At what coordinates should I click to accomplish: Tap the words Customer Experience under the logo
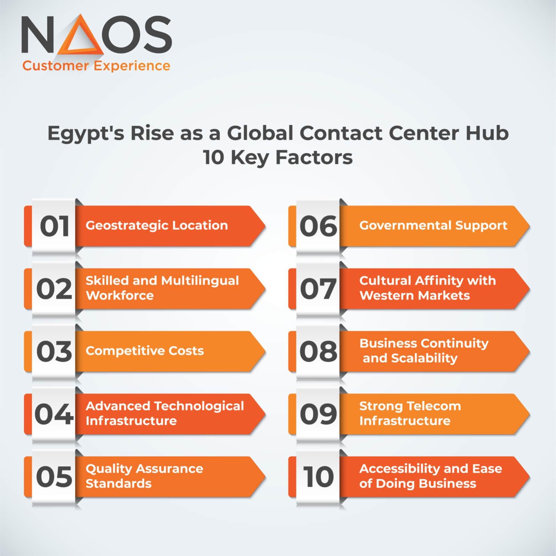coord(96,66)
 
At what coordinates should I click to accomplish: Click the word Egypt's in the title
coord(85,133)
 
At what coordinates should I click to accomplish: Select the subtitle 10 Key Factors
coord(278,157)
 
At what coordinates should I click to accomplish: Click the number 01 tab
coord(54,226)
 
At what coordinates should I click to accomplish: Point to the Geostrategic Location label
coord(157,226)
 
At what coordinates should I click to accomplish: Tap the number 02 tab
coord(54,289)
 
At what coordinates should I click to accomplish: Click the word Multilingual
coord(200,281)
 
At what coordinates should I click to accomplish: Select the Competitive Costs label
coord(145,351)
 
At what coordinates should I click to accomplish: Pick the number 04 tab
coord(54,414)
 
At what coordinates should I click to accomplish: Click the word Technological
coord(199,406)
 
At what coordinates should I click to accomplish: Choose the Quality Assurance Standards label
coord(144,476)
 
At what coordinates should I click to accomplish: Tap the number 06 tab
coord(318,226)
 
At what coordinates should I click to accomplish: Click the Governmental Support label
coord(433,226)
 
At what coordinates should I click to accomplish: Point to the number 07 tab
coord(318,289)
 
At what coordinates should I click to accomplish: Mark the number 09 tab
coord(318,414)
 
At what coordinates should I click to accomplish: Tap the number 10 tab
coord(318,476)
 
